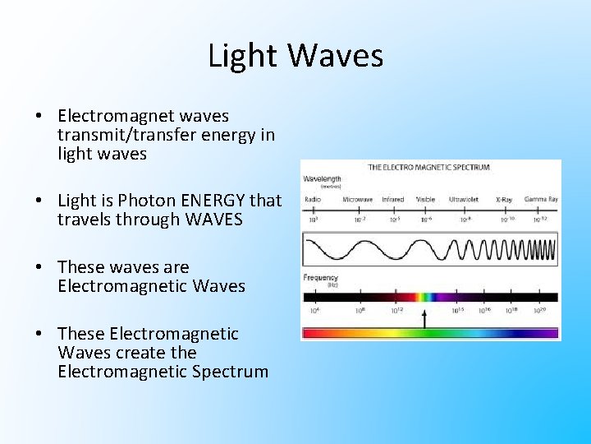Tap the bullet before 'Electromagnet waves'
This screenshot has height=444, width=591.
tap(39, 116)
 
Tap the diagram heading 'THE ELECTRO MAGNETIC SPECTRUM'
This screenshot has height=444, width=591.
tap(429, 167)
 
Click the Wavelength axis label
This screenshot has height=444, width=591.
tap(323, 178)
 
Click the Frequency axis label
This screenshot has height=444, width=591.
tap(321, 278)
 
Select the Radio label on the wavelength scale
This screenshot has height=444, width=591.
tap(312, 200)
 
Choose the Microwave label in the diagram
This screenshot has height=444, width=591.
tap(357, 200)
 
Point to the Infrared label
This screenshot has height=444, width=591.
tap(392, 200)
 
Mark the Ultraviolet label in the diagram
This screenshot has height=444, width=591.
tap(465, 200)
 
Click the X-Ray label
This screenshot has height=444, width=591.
tap(504, 200)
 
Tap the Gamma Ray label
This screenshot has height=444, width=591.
tap(541, 200)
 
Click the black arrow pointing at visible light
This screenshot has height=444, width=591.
tap(424, 318)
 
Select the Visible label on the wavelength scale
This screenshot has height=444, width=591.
tap(425, 200)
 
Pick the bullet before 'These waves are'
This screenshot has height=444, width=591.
tap(39, 267)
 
